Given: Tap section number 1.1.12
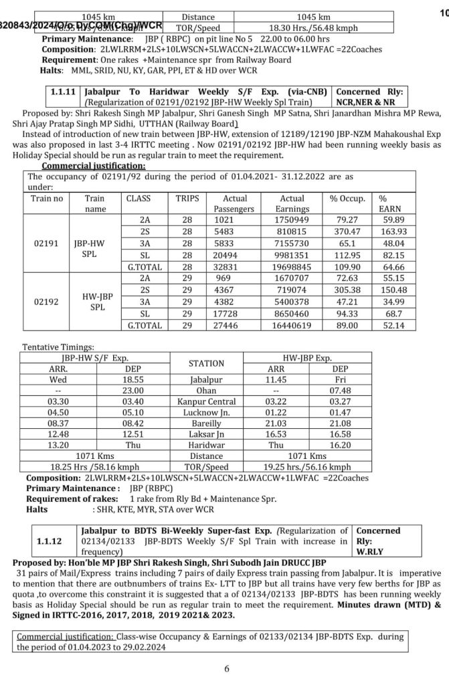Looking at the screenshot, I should [49, 541].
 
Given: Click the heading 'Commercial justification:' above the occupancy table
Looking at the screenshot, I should [93, 166].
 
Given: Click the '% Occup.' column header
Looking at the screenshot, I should [347, 199].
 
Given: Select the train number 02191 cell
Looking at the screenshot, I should [49, 244].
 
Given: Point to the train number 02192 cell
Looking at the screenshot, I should [49, 302].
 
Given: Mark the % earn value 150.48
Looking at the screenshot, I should [392, 290].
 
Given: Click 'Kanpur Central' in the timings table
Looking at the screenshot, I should [206, 401].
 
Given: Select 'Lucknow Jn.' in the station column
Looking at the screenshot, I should [206, 413].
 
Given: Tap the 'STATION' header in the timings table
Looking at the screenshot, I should [206, 363].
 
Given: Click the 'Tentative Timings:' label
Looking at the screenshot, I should [58, 348].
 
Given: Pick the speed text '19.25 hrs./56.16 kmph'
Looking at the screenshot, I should [316, 467].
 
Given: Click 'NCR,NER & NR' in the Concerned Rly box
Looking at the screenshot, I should [367, 102].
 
